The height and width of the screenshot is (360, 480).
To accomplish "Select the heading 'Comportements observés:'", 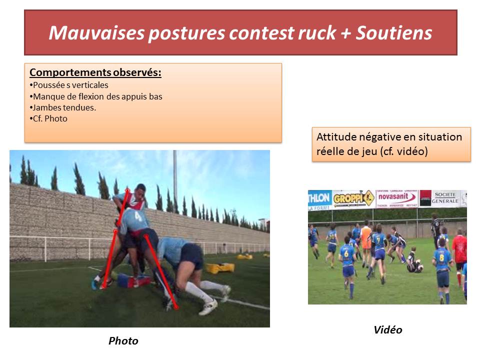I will tap(95, 73).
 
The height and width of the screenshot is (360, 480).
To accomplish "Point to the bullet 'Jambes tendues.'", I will tap(64, 107).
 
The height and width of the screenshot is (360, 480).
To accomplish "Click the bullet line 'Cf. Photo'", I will tap(49, 119).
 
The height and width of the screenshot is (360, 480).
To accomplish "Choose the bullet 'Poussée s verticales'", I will tap(70, 85).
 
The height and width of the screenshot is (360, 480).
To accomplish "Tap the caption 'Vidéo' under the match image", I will tap(387, 330).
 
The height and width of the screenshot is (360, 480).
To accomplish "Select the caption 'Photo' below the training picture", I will tap(123, 341).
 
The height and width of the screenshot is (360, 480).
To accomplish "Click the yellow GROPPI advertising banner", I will tap(353, 198).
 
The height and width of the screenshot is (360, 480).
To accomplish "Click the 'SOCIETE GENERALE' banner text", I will tap(444, 197).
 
